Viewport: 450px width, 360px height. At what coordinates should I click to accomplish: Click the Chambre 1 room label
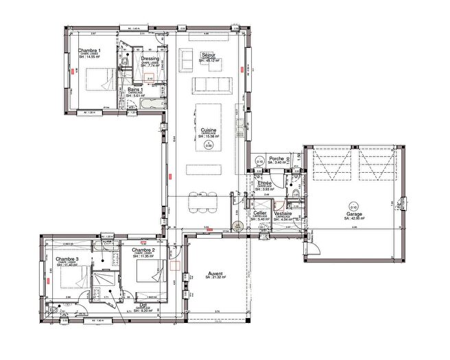[88, 51]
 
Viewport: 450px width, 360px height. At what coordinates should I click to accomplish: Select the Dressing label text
[150, 59]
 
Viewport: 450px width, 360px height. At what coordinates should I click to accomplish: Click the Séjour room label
[209, 54]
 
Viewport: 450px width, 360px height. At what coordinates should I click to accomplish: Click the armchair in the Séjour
[187, 60]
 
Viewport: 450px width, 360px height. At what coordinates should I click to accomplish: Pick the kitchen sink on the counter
[239, 124]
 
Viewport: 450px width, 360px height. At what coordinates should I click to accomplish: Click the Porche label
[277, 158]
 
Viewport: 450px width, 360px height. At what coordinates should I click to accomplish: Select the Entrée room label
[265, 184]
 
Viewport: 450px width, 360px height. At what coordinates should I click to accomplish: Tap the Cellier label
[260, 213]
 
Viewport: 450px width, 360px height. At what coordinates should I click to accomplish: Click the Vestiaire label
[284, 213]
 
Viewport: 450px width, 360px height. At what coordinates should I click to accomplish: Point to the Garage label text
[355, 213]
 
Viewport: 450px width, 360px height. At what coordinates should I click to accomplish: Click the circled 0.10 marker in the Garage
[353, 206]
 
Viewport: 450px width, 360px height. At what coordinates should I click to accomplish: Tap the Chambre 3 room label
[67, 259]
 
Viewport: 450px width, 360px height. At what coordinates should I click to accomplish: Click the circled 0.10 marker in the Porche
[259, 161]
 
